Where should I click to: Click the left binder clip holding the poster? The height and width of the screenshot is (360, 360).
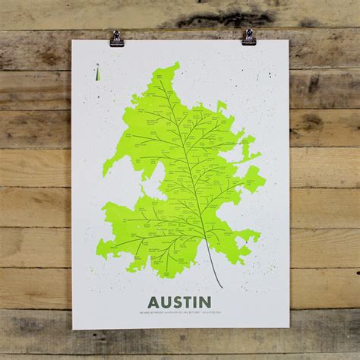[x=116, y=38]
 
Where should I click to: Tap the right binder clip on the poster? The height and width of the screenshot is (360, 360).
[x=248, y=36]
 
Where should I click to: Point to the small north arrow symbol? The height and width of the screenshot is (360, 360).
[x=97, y=74]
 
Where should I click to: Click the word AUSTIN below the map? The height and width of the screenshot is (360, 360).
[x=180, y=302]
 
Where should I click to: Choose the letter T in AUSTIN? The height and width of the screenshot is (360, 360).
[x=187, y=302]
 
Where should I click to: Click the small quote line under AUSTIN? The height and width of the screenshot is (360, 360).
[x=180, y=313]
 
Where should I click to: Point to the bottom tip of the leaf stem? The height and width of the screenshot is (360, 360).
[x=223, y=287]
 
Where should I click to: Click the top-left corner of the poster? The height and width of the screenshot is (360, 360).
[x=72, y=41]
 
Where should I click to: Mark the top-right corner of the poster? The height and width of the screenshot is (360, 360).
[x=288, y=40]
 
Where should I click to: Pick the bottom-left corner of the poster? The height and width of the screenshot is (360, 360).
[x=73, y=329]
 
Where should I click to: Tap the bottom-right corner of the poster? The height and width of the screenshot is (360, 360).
[x=289, y=327]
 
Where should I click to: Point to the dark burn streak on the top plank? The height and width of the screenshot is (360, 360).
[x=220, y=17]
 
